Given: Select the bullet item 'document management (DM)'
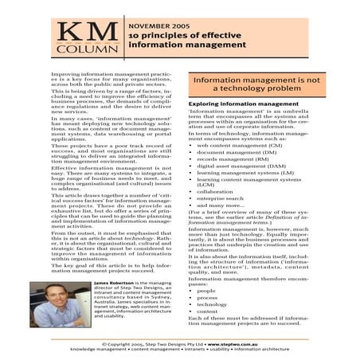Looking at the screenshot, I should tap(238, 155).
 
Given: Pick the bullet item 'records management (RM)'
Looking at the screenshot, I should tap(237, 162).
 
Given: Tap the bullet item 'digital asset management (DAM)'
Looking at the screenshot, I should tap(244, 171).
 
